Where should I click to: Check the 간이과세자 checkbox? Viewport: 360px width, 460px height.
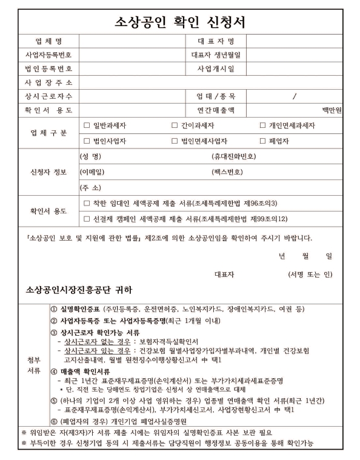coord(175,126)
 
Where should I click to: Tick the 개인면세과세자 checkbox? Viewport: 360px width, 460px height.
coord(263,126)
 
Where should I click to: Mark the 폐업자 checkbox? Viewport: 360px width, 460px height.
coord(263,141)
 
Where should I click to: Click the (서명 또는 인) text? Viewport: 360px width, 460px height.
coord(310,274)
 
